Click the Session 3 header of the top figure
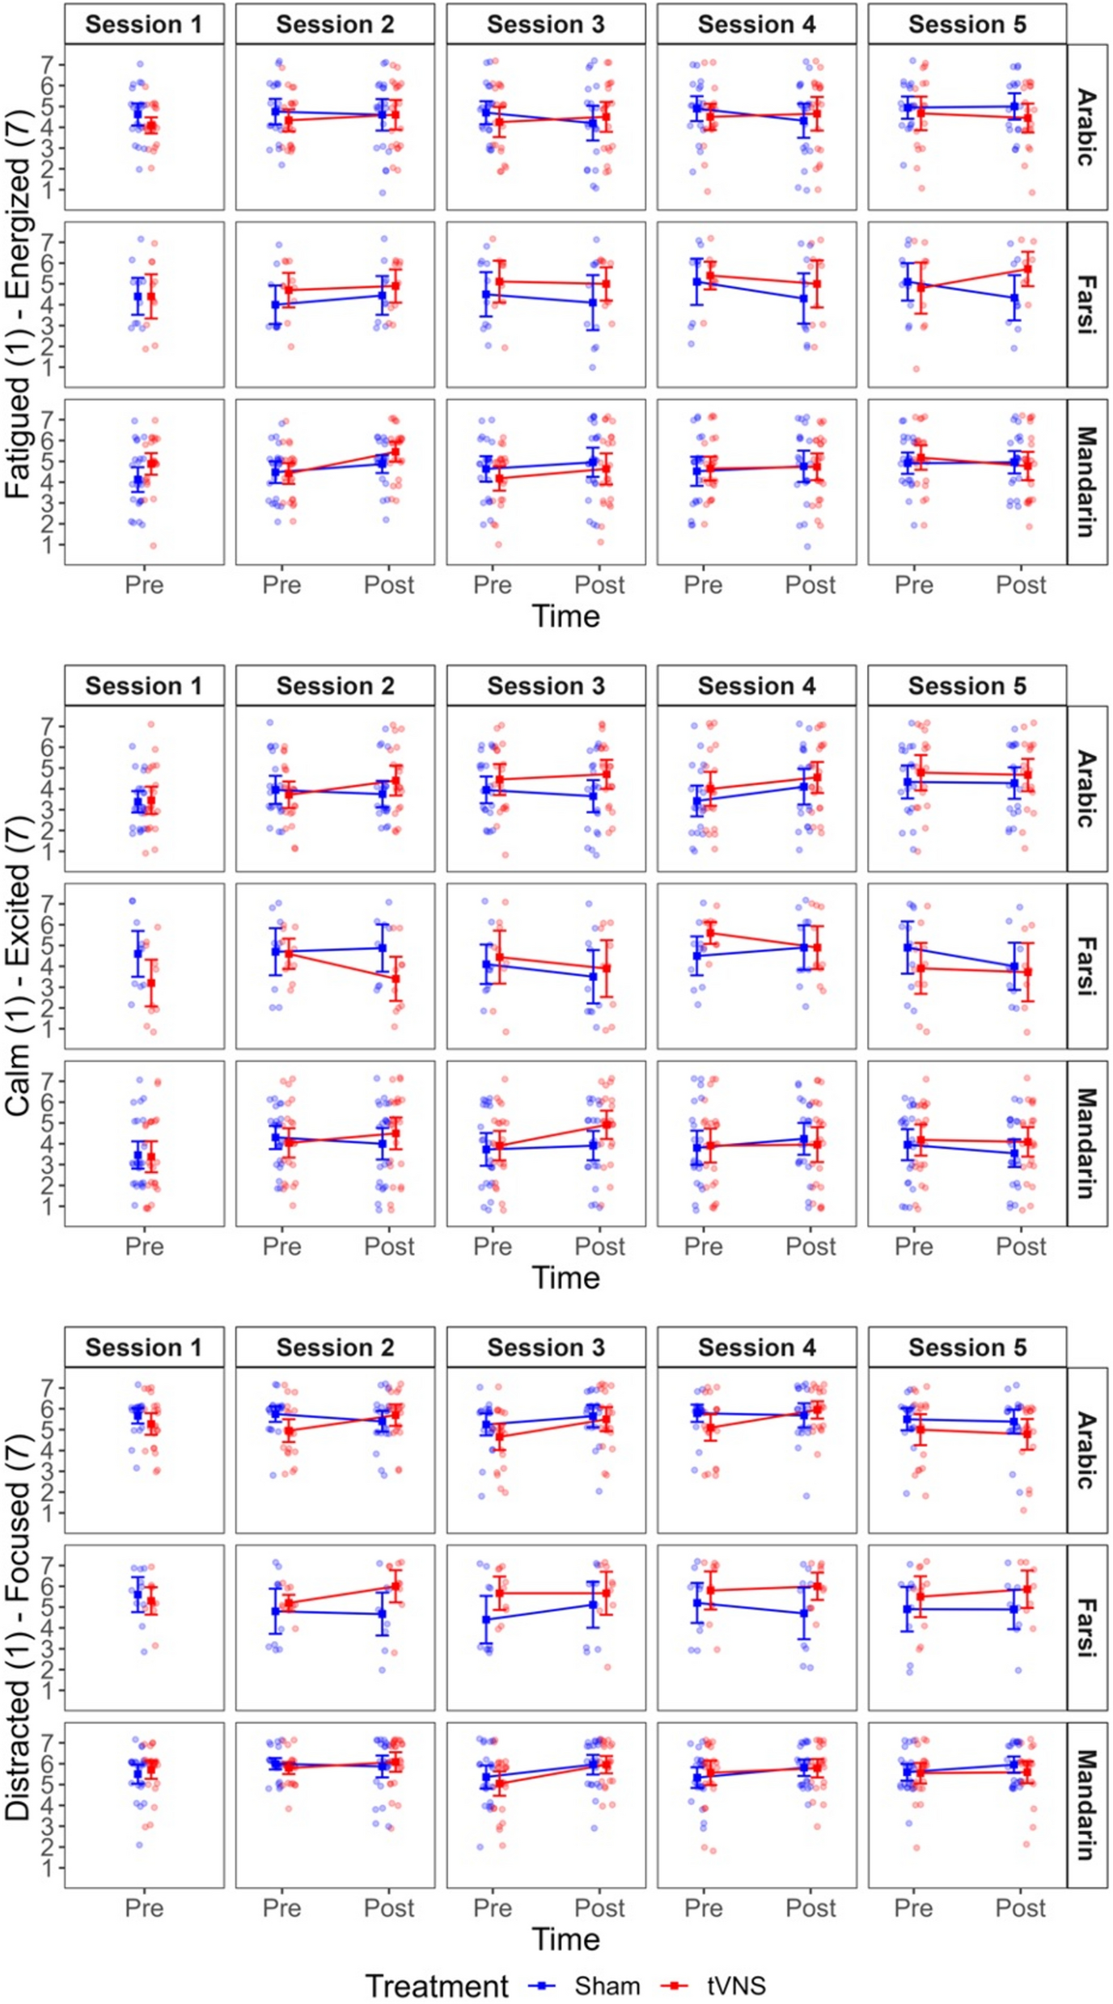coord(545,24)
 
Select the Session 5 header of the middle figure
coord(967,686)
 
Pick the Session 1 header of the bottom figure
coord(144,1347)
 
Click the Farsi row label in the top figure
coord(1086,305)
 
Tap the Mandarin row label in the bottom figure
coord(1086,1804)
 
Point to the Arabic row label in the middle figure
coord(1086,788)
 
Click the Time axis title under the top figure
coord(565,616)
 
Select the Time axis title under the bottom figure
coord(565,1939)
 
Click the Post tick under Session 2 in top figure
coord(389,584)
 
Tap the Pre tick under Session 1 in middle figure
coord(144,1246)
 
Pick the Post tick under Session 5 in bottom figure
coord(1021,1907)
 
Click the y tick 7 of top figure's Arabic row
coord(49,64)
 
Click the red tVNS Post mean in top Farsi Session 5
coord(1027,271)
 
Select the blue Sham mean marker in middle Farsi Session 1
coord(138,954)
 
